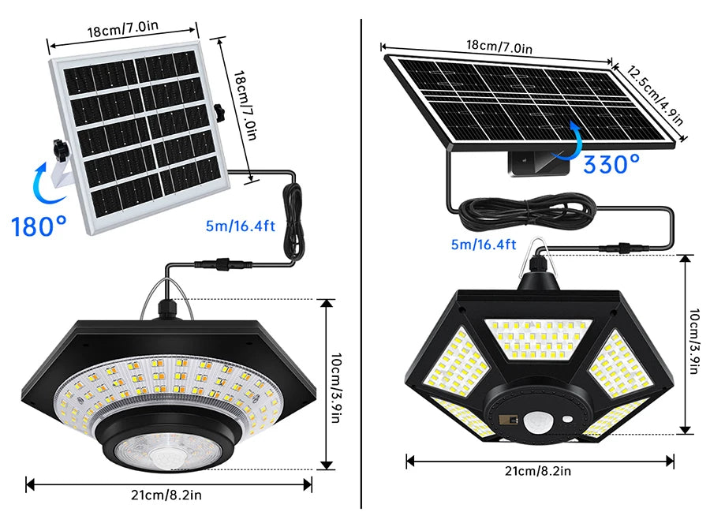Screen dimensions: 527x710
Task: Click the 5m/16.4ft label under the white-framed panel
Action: pos(240,226)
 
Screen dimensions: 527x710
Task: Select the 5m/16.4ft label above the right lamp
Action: pos(484,245)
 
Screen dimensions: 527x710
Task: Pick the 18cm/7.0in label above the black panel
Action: pos(499,48)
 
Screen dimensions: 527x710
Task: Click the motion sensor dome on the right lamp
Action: pos(539,421)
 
